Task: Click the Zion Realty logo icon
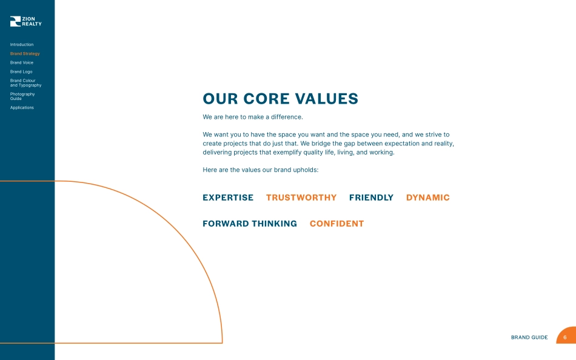15,21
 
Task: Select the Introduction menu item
22,44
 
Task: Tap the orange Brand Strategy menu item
25,53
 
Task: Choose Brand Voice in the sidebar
22,62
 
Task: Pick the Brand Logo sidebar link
21,72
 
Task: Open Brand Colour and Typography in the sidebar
25,83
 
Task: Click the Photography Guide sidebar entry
22,96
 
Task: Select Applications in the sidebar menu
22,108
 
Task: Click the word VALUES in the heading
327,99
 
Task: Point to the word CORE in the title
266,99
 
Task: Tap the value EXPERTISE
228,198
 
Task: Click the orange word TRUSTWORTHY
301,198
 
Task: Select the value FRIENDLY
372,198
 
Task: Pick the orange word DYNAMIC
427,198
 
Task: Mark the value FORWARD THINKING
250,224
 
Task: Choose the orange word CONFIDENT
337,224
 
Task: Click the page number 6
565,337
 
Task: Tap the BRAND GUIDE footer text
529,337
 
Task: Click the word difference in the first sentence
287,117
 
